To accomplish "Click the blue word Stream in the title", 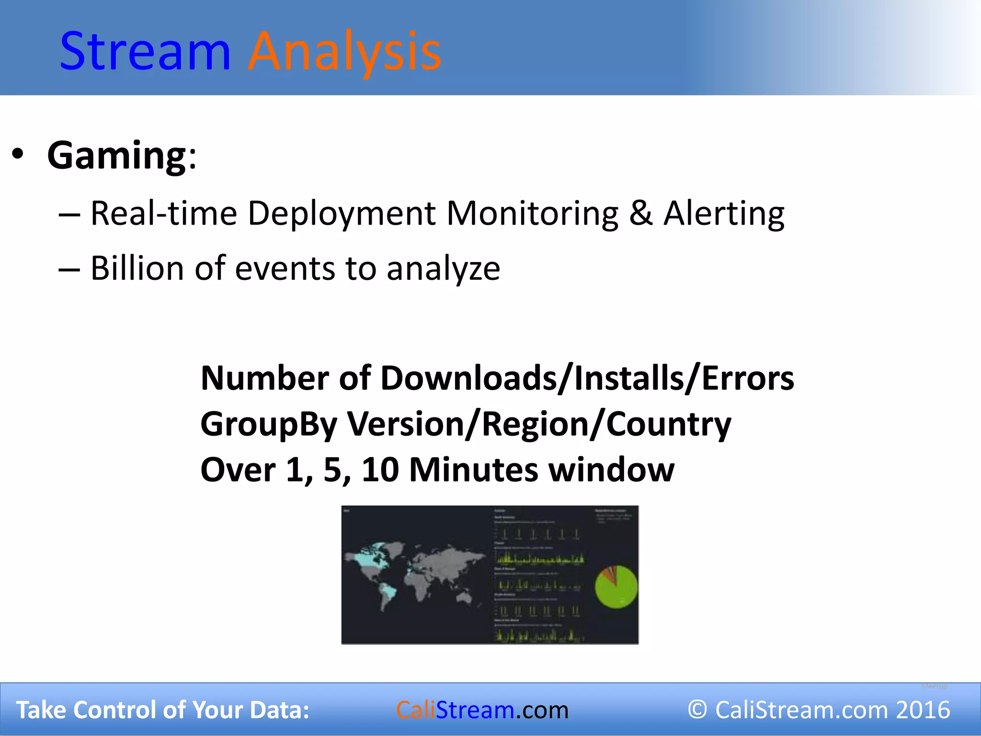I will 145,51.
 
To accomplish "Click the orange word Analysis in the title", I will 344,51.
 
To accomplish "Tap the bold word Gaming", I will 117,155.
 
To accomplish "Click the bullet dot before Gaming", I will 18,154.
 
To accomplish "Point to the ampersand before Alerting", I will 640,213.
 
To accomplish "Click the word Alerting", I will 723,213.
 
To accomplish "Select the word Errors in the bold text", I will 747,379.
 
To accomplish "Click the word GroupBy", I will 269,425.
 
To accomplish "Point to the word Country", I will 669,425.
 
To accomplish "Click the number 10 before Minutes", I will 380,470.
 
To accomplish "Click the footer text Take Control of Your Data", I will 163,710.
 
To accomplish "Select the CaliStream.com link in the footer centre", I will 482,710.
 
